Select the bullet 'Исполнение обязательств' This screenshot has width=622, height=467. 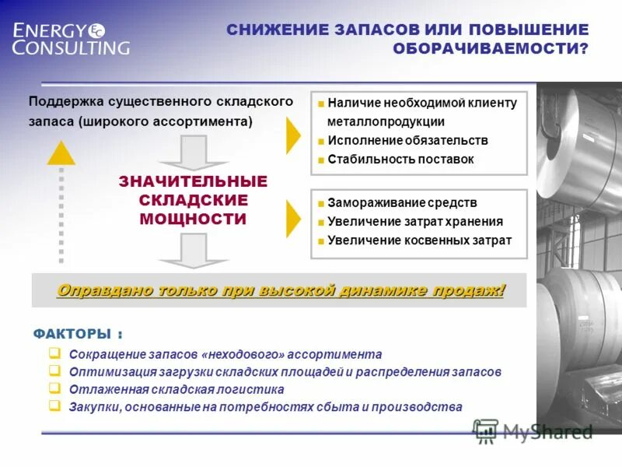point(407,140)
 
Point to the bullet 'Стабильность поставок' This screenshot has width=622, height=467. point(400,159)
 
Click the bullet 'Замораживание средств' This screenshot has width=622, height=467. point(402,202)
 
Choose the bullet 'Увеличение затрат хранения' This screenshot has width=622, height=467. point(415,221)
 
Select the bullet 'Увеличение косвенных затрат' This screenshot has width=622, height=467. point(420,240)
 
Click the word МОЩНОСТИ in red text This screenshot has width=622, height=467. point(193,219)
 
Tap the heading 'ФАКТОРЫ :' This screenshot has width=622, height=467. point(78,334)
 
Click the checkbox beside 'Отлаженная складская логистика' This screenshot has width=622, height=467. point(54,388)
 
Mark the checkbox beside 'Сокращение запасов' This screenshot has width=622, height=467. point(54,353)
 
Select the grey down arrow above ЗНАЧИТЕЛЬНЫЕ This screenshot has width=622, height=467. point(193,153)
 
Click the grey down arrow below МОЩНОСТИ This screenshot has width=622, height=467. point(193,251)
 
